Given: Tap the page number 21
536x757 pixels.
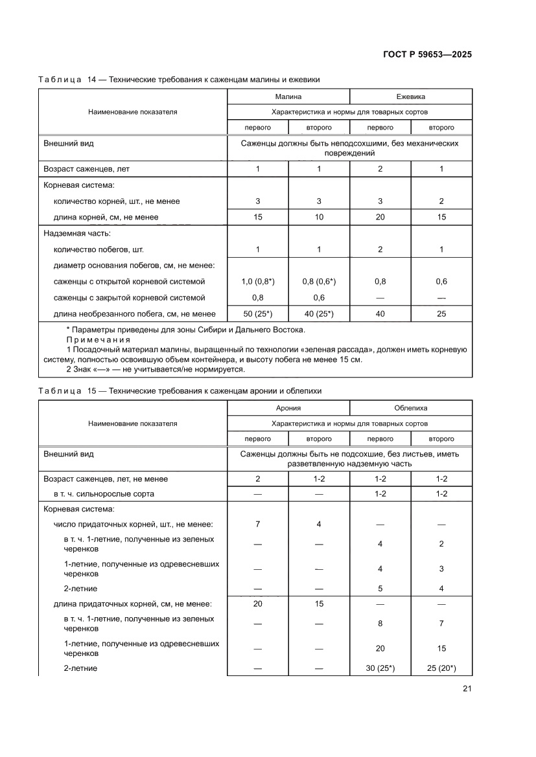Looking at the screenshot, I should click(467, 688).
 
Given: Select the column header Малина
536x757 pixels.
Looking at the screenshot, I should click(288, 96).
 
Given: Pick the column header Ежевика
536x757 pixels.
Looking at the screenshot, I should click(410, 96).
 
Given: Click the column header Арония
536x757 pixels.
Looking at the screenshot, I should click(288, 408).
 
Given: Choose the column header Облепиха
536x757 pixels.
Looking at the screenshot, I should click(410, 408).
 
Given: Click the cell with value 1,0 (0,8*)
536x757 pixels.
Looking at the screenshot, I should click(257, 282).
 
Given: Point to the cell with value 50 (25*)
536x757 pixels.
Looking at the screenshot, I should click(257, 314).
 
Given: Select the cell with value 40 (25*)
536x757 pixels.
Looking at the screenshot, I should click(319, 314).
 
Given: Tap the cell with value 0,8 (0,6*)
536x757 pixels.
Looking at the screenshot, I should click(319, 282).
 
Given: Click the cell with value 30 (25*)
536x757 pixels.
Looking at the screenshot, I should click(380, 668).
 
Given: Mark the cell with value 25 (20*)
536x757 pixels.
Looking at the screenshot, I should click(441, 668).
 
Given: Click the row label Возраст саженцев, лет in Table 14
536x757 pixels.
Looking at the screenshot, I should click(86, 169).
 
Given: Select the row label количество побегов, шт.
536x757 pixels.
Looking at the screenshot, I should click(99, 249).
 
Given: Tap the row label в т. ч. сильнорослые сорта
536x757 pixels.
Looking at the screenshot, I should click(104, 494).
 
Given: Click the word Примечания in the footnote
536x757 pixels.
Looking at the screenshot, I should click(98, 340).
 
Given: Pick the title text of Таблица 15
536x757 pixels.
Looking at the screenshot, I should click(180, 391).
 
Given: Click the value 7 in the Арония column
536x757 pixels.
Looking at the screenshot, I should click(257, 524).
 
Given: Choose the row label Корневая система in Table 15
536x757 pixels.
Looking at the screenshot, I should click(78, 509).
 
